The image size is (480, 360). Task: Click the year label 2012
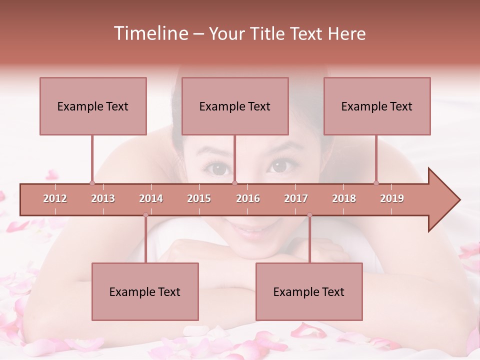point(55,198)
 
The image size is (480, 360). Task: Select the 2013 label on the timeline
point(103,198)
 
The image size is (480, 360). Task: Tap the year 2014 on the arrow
point(151,198)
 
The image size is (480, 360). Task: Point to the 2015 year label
point(199,198)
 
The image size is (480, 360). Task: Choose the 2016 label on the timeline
point(248,198)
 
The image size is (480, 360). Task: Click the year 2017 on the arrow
point(296,198)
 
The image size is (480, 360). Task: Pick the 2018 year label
point(344,198)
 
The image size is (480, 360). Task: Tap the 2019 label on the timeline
point(392,198)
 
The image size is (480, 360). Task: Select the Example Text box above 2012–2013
point(93,106)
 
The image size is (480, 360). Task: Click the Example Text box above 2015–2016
point(235,106)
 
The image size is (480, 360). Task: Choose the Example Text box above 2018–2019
point(377,106)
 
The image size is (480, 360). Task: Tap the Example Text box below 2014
point(145,291)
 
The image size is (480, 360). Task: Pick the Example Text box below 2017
point(309,291)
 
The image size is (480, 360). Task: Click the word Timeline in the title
point(150,33)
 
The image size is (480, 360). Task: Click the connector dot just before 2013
point(92,183)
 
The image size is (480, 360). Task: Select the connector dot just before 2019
point(376,183)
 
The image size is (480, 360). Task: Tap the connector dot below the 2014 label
point(145,215)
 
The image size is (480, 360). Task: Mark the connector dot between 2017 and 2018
point(309,215)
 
